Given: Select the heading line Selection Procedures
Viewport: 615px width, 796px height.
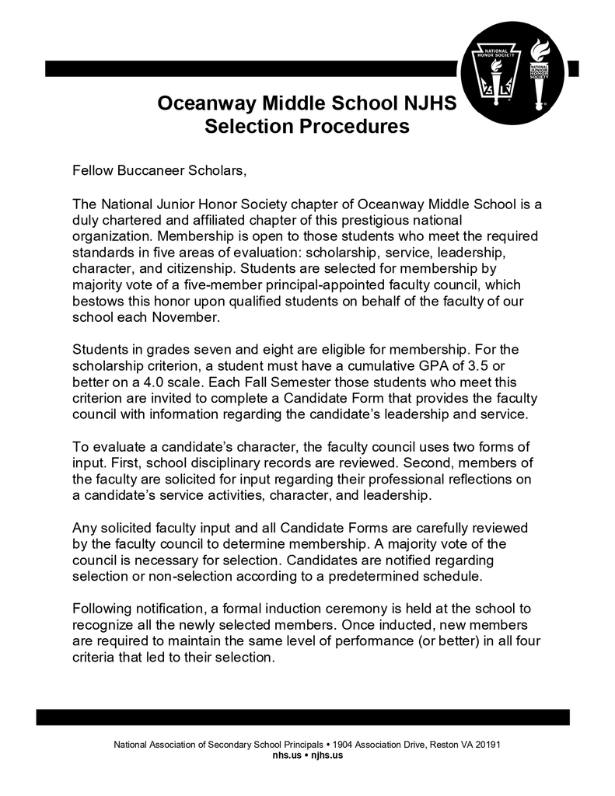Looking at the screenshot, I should click(x=306, y=126).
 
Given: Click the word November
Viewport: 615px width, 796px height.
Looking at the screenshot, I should click(x=187, y=318).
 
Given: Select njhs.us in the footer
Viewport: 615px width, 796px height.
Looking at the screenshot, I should click(x=327, y=755).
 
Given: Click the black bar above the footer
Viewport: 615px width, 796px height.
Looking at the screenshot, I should click(x=302, y=717).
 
